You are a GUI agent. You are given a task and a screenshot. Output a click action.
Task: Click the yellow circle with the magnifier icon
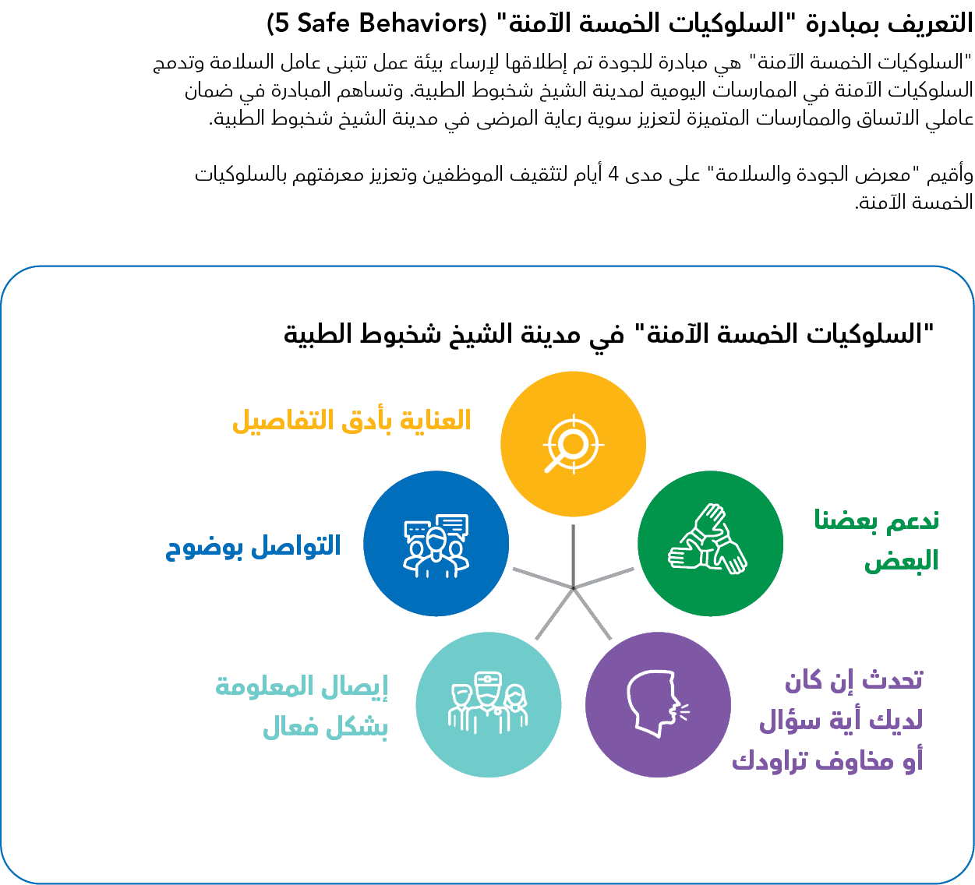tap(573, 444)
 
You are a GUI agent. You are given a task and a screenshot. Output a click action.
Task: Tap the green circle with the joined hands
tap(710, 543)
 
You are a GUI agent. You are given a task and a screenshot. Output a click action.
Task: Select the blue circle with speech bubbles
tap(436, 543)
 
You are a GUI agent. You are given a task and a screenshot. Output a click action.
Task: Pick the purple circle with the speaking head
tap(658, 705)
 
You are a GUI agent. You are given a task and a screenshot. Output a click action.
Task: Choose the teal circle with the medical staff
tap(489, 705)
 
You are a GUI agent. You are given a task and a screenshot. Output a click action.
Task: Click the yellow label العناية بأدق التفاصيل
tap(352, 421)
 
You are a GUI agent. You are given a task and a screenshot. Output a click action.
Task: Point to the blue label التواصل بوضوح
tap(253, 547)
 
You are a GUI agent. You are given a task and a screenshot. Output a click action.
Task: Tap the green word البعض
tap(901, 562)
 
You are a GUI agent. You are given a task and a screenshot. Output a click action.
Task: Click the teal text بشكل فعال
tap(325, 727)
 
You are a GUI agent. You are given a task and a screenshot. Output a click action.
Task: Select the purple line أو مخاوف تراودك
tap(827, 760)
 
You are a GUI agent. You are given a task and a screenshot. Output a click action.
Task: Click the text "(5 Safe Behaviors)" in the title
tap(376, 23)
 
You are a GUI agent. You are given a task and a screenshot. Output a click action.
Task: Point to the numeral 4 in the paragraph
tap(613, 174)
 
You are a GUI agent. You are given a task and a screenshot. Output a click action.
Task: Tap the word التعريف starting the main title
tap(932, 23)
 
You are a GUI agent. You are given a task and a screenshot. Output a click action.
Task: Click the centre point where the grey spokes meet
tap(574, 588)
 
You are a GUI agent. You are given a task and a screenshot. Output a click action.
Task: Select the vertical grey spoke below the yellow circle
tap(574, 556)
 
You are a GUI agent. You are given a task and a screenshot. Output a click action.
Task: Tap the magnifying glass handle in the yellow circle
tap(553, 464)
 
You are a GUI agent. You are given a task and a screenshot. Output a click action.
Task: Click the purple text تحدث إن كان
tap(853, 680)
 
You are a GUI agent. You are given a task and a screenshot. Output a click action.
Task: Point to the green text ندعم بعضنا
tap(876, 520)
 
